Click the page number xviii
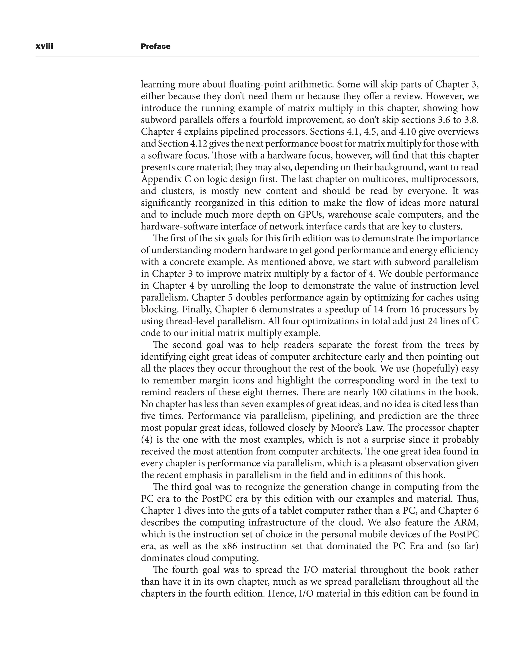tap(44, 46)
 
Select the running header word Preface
tap(155, 46)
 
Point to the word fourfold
tap(268, 120)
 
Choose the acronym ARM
tap(467, 523)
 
